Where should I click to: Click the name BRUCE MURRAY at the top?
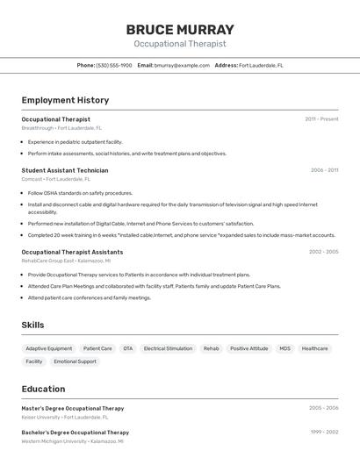(179, 29)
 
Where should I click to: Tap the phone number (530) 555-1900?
(114, 65)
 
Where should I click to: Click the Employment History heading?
(65, 100)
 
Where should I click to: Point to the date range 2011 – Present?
(321, 119)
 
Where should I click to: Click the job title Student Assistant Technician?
(65, 170)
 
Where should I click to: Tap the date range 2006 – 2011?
(324, 170)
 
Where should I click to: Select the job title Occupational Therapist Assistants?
(72, 252)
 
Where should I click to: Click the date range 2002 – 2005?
(323, 252)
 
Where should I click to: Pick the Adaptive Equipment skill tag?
(49, 348)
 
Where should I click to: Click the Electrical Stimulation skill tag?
(168, 348)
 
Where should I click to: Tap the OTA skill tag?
(128, 348)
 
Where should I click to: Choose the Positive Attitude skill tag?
(249, 348)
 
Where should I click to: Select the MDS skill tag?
(284, 348)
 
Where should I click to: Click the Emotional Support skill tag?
(76, 361)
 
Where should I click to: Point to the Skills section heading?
(33, 325)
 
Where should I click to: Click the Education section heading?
(43, 389)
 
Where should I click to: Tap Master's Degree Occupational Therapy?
(73, 408)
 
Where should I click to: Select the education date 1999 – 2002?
(323, 433)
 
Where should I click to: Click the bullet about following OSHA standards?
(80, 193)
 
